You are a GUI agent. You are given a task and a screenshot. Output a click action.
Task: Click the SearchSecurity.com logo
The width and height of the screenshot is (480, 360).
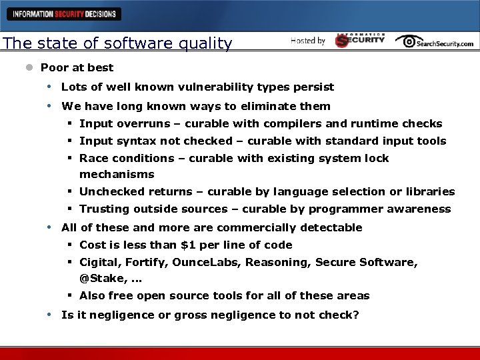(434, 41)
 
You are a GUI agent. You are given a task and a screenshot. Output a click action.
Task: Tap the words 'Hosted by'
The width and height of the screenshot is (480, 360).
(308, 41)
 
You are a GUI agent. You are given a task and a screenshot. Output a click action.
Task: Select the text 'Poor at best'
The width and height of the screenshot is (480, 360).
(77, 67)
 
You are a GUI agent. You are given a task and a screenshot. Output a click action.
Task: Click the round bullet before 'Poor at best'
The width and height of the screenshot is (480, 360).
(29, 67)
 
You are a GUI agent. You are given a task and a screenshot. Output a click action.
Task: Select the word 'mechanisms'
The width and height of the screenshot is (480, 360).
(117, 175)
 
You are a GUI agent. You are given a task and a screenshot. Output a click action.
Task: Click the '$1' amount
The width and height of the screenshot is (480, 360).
(188, 245)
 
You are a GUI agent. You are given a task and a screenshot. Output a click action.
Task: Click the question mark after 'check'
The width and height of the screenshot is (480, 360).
(356, 315)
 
